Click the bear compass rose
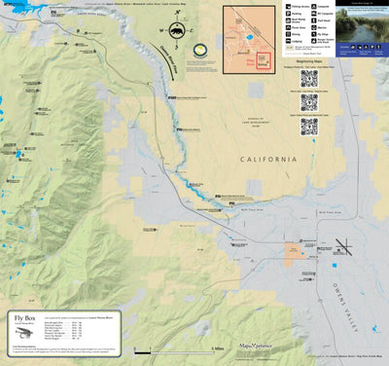pos(176,33)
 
